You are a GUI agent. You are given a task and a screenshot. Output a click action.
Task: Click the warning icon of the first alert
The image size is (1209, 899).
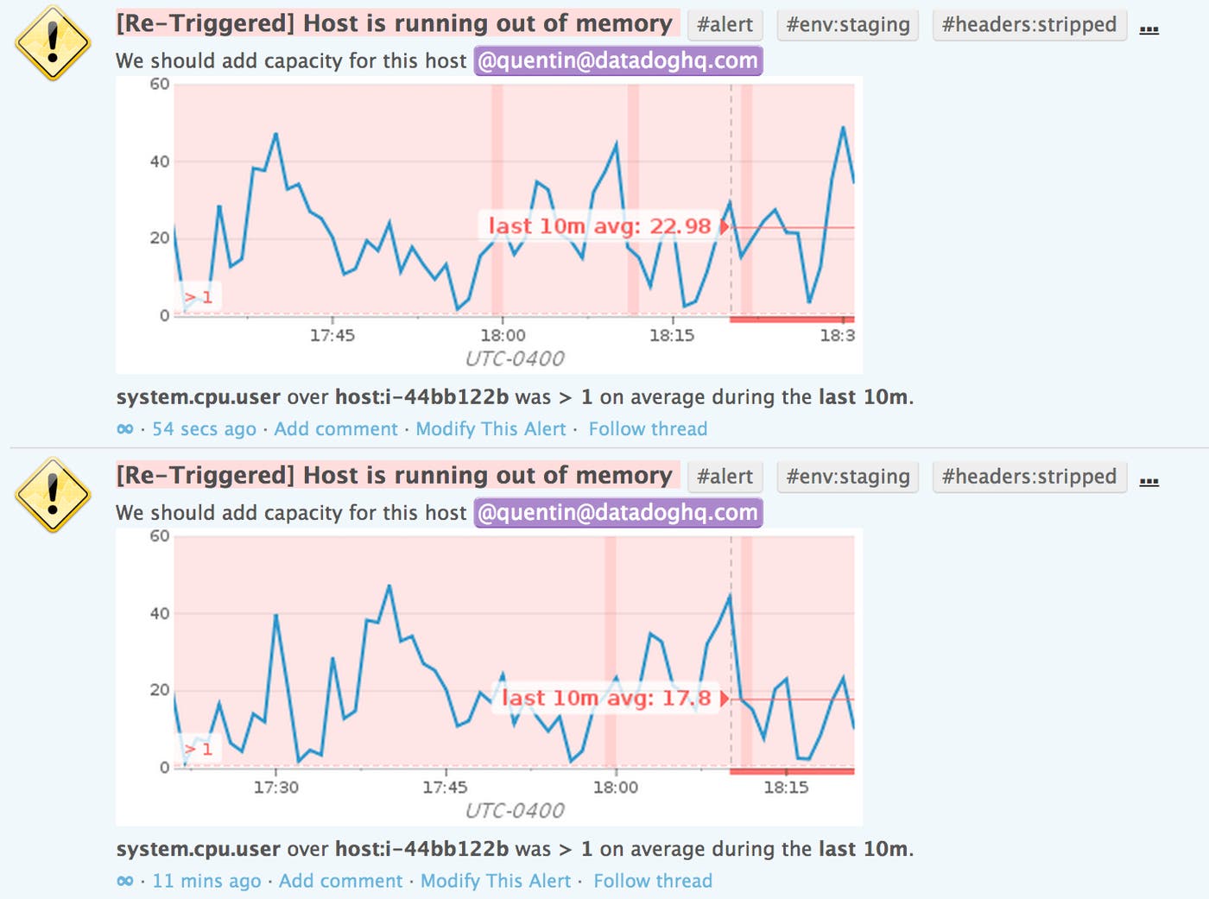(x=53, y=43)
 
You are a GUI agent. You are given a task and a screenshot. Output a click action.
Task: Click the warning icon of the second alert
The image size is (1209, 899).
(x=53, y=495)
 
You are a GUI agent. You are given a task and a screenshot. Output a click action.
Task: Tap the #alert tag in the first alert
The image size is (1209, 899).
(x=725, y=25)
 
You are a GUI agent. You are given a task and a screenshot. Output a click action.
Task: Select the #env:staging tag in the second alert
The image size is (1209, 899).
(x=847, y=477)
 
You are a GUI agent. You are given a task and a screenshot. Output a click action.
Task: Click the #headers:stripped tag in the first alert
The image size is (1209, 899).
(x=1029, y=25)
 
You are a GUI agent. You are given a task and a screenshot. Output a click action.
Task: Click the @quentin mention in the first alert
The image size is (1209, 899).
(x=617, y=61)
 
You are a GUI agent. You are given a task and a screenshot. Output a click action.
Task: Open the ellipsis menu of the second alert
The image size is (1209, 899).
(x=1149, y=480)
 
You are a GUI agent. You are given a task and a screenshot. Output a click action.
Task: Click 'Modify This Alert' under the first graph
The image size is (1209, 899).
(x=491, y=429)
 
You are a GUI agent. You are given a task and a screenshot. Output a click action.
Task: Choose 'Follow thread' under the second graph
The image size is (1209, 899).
(x=653, y=881)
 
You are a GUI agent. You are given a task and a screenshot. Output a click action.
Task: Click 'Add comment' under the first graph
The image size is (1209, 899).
(x=336, y=429)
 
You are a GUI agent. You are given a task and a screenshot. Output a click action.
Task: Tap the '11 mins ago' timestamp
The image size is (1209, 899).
(x=206, y=881)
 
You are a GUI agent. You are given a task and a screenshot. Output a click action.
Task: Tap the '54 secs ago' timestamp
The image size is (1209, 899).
(x=204, y=429)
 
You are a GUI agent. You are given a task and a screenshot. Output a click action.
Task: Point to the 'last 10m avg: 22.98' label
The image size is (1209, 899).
(x=600, y=226)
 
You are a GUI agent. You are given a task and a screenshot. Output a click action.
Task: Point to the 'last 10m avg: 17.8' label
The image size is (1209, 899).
(x=606, y=698)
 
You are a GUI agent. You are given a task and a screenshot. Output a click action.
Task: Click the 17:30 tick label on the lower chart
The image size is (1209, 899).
(x=275, y=788)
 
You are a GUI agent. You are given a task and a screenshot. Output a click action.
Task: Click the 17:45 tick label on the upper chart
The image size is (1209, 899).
(x=332, y=335)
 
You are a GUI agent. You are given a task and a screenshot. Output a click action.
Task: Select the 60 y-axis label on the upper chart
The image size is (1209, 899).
(x=160, y=85)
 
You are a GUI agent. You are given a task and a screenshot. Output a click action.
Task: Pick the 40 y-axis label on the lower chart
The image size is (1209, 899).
(x=160, y=614)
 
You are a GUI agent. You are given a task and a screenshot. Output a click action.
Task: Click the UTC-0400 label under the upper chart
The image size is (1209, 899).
(x=515, y=358)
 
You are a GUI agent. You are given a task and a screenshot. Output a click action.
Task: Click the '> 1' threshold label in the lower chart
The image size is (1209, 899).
(x=199, y=749)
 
